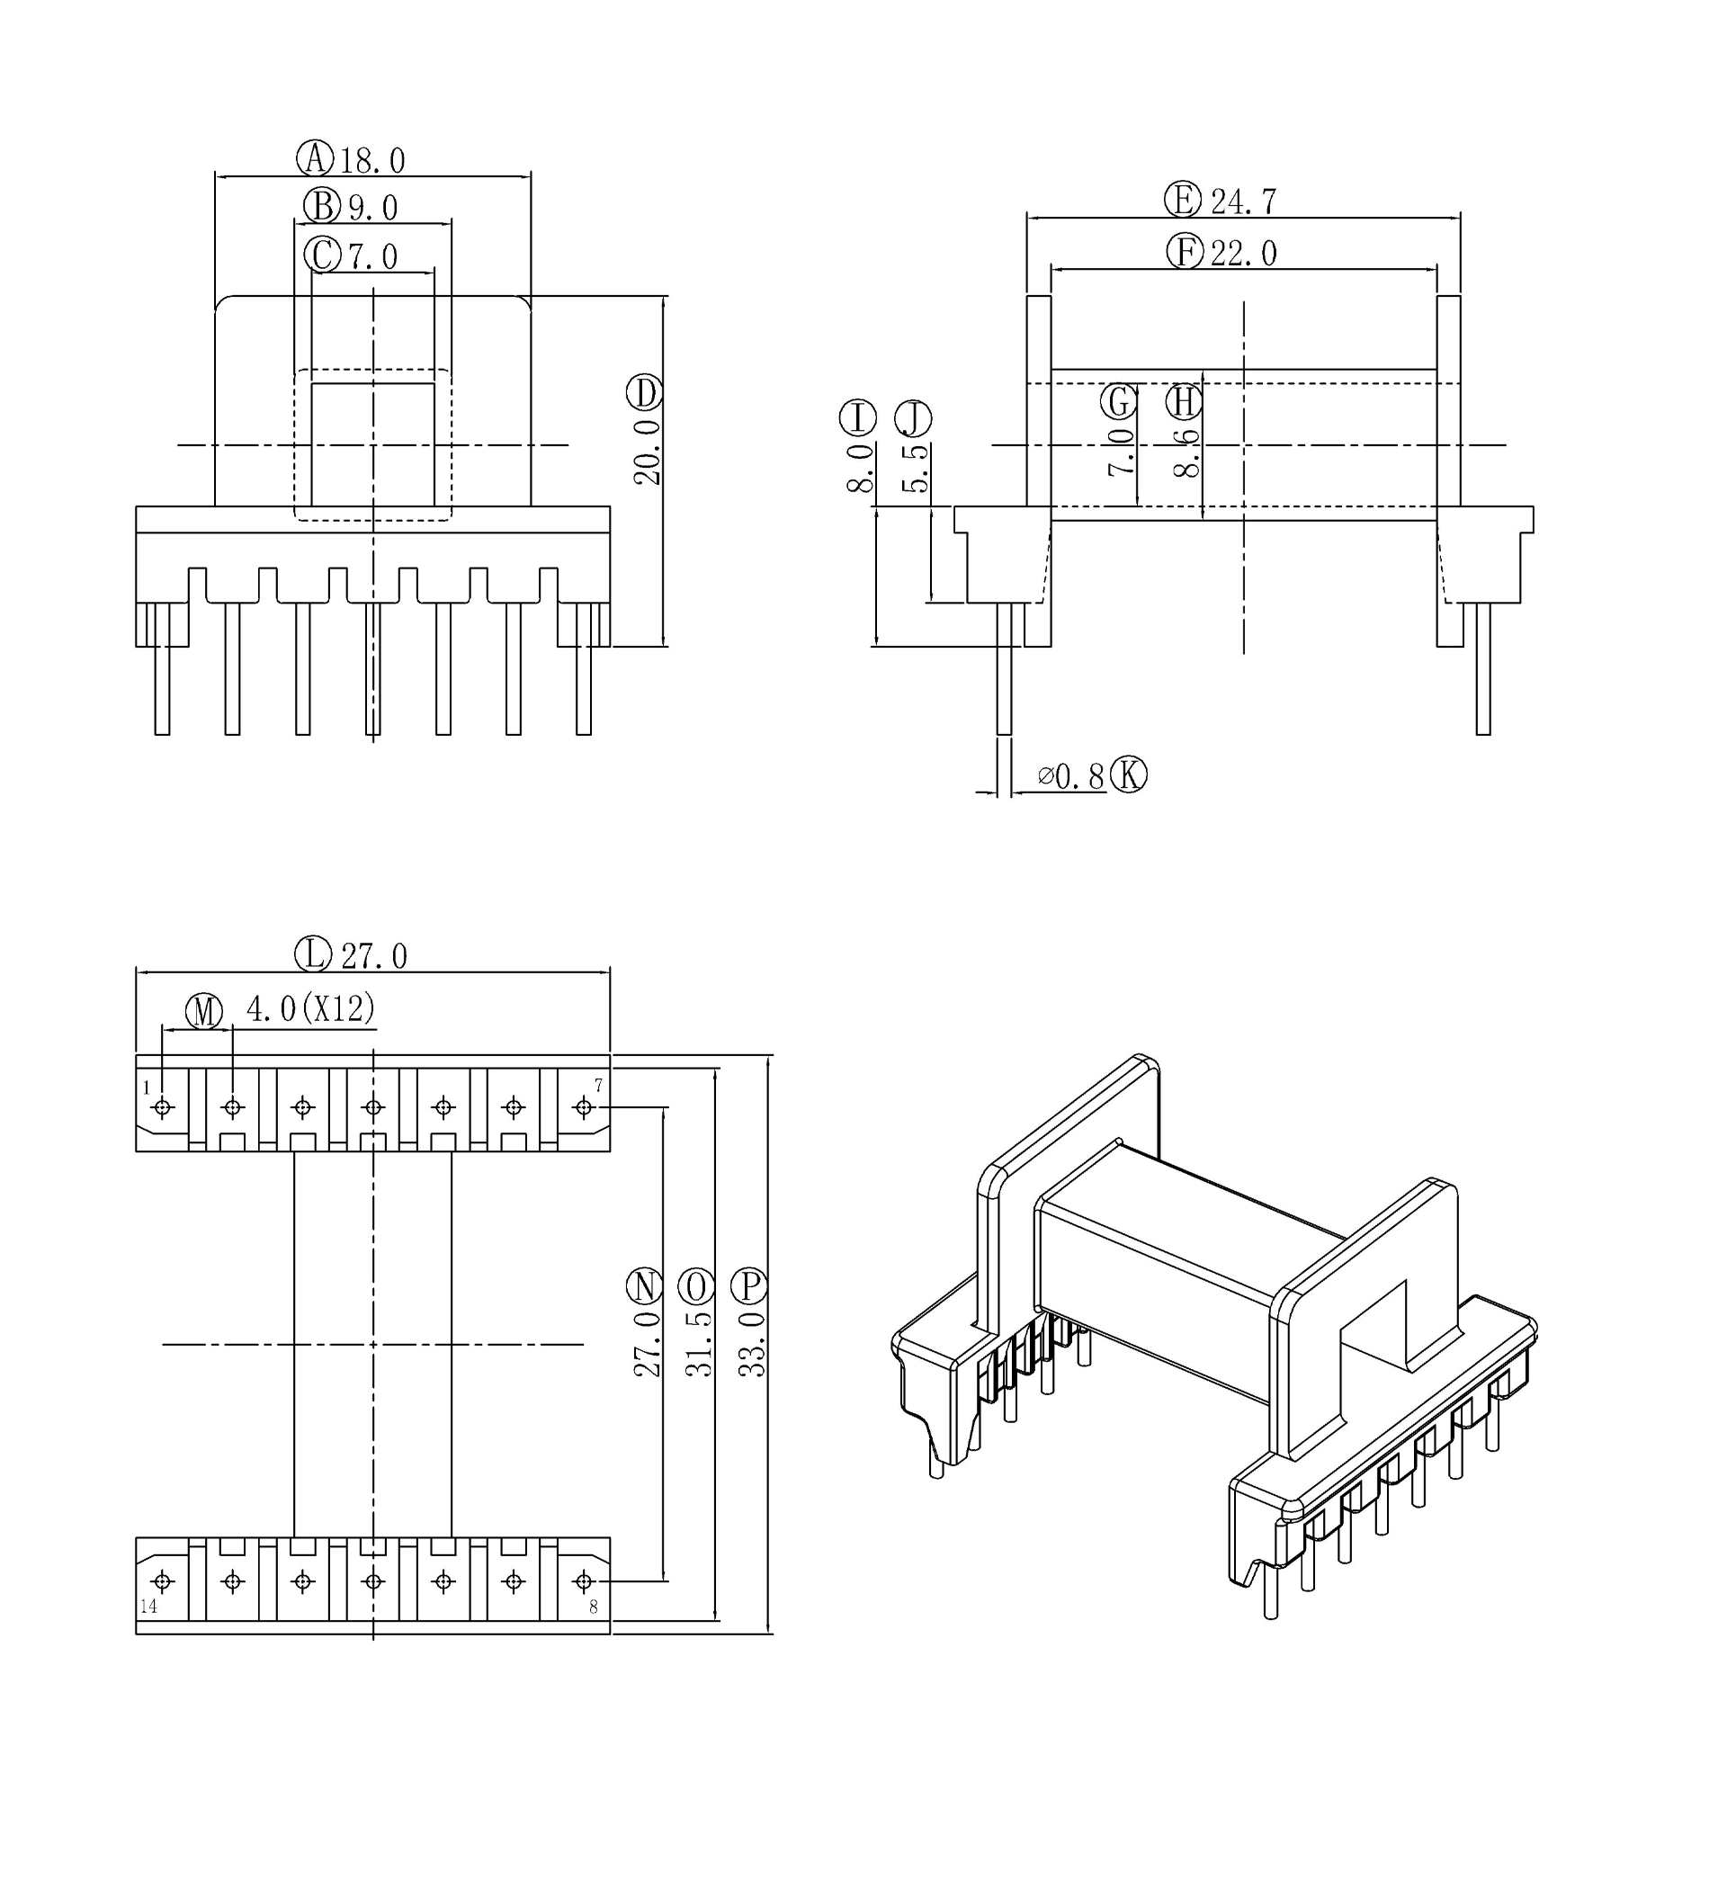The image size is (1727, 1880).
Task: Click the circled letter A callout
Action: [x=316, y=158]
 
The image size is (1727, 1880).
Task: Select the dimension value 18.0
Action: [x=372, y=161]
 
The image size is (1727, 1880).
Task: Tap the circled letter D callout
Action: [x=644, y=393]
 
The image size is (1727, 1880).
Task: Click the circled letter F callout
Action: [x=1185, y=251]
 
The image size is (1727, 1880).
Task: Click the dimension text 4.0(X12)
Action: [x=310, y=1008]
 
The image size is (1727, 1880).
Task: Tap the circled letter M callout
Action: [x=205, y=1011]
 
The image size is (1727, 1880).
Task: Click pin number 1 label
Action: [x=147, y=1088]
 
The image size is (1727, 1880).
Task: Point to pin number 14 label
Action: [x=148, y=1607]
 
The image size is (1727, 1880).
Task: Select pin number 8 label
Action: [x=594, y=1608]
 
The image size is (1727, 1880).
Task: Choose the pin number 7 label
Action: [x=598, y=1085]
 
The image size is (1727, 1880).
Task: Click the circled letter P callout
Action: [x=749, y=1286]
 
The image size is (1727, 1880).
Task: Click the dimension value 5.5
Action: [x=917, y=467]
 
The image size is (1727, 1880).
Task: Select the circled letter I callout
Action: [x=858, y=417]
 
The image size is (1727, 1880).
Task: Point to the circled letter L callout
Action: [x=313, y=954]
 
